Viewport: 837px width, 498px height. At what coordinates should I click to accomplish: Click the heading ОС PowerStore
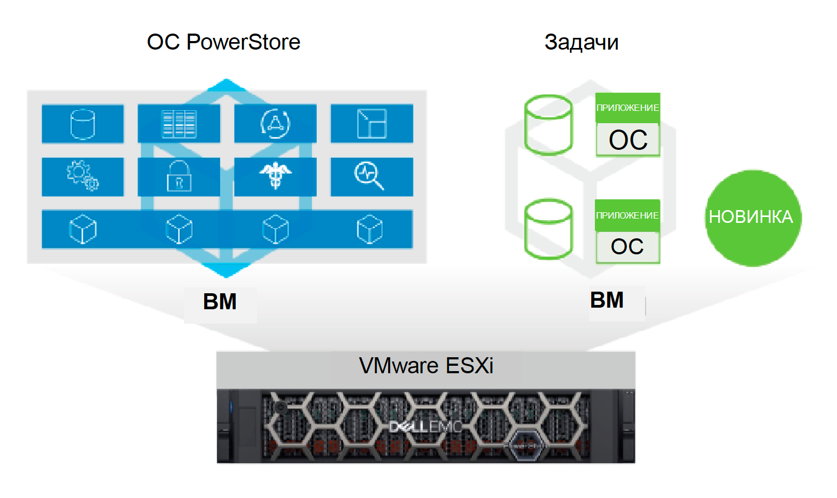click(223, 42)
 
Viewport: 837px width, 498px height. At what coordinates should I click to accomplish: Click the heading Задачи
click(581, 42)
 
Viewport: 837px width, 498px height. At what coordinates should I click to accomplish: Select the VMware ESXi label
click(426, 366)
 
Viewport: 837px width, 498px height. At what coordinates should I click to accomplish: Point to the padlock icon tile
click(179, 176)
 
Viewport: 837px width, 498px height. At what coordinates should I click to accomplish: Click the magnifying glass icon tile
click(372, 176)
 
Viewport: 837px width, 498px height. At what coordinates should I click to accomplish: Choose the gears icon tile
click(83, 176)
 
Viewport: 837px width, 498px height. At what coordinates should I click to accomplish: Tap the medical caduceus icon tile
click(275, 176)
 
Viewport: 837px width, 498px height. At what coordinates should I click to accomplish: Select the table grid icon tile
click(179, 124)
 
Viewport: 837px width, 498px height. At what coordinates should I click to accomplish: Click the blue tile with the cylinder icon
click(83, 124)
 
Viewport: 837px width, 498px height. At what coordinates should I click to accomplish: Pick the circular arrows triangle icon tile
click(275, 124)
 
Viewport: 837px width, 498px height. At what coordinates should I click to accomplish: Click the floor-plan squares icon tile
click(372, 124)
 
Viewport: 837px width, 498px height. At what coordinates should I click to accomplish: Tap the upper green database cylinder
click(549, 125)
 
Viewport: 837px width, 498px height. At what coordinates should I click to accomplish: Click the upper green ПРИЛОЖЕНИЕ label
click(627, 108)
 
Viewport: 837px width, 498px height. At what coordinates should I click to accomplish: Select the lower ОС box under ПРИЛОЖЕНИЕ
click(627, 247)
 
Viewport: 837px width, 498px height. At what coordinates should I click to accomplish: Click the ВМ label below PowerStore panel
click(220, 302)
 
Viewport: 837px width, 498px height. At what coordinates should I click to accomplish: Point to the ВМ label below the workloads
click(607, 301)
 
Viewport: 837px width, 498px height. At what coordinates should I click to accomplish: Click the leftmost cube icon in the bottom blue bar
click(83, 229)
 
